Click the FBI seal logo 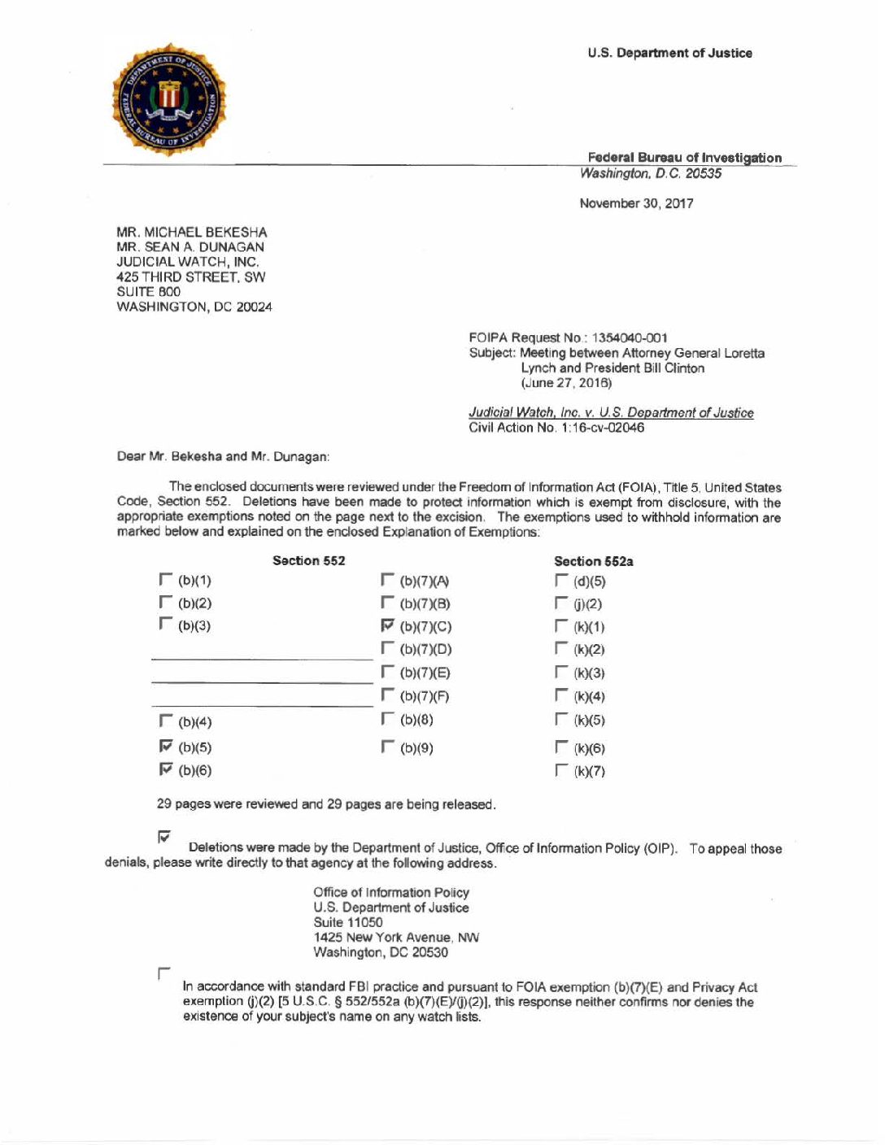coord(168,99)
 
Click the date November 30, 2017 coord(636,203)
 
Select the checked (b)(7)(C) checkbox coord(387,625)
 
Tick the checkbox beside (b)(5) coord(166,746)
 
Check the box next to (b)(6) coord(166,768)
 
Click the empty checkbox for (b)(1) coord(166,579)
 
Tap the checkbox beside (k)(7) coord(561,769)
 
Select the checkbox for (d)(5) coord(561,580)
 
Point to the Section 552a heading coord(593,561)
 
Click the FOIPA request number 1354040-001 coord(630,337)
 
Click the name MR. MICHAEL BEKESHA coord(191,232)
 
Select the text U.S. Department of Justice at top coord(669,53)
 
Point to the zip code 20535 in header coord(703,173)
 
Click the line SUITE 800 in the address coord(148,291)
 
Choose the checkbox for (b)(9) coord(387,746)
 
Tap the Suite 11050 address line coord(347,922)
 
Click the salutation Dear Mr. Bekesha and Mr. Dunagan coord(223,456)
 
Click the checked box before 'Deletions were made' coord(164,835)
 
